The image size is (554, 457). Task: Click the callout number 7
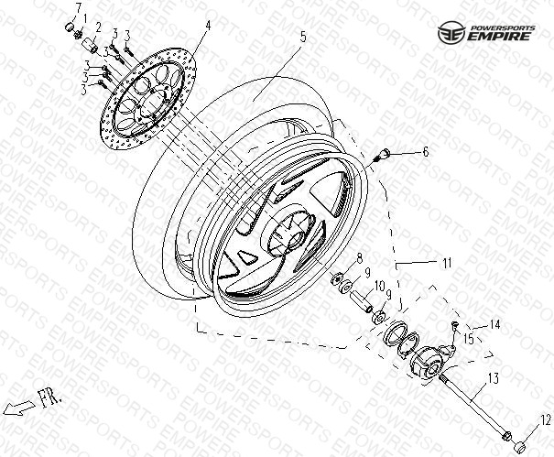coord(78,7)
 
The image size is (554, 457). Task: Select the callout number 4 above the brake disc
coord(208,26)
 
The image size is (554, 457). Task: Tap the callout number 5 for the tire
coord(303,37)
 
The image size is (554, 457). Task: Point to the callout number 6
coord(426,152)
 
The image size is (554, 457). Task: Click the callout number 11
coord(447,263)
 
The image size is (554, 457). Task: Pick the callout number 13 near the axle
coord(493,378)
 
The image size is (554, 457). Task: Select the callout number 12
coord(546,419)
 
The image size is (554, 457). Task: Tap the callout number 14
coord(495,324)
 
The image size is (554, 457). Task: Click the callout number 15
coord(469,339)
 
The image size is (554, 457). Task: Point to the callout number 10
coord(379,287)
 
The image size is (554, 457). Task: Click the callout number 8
coord(359,259)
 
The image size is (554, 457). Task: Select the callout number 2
coord(98,27)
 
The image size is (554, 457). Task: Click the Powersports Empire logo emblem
coord(451,33)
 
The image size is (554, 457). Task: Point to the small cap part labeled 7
coord(70,27)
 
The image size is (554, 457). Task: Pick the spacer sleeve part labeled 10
coord(361,300)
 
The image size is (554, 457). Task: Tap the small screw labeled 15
coord(455,325)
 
